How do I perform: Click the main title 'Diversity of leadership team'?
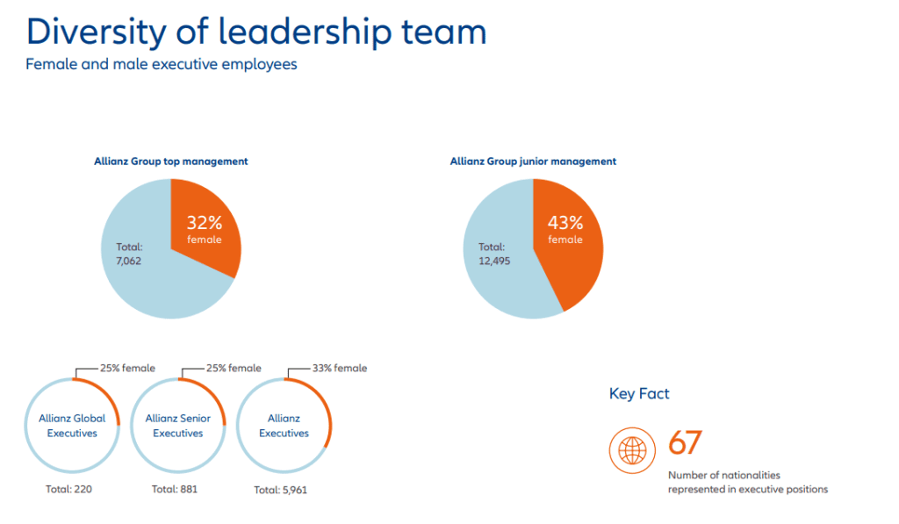(255, 32)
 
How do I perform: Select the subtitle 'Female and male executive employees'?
(162, 65)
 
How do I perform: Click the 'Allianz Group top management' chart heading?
(171, 162)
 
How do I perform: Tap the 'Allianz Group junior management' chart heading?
(533, 162)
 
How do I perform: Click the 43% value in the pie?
(565, 224)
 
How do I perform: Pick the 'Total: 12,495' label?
(493, 254)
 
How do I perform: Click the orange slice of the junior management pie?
(571, 263)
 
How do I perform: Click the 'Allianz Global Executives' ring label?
(72, 426)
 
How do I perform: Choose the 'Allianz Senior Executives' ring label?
(178, 426)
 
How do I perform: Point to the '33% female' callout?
(339, 369)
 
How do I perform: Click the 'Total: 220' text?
(68, 489)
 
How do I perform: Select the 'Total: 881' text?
(175, 489)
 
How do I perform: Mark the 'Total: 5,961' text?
(281, 490)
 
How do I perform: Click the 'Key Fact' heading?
(639, 394)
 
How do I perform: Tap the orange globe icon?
(632, 451)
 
